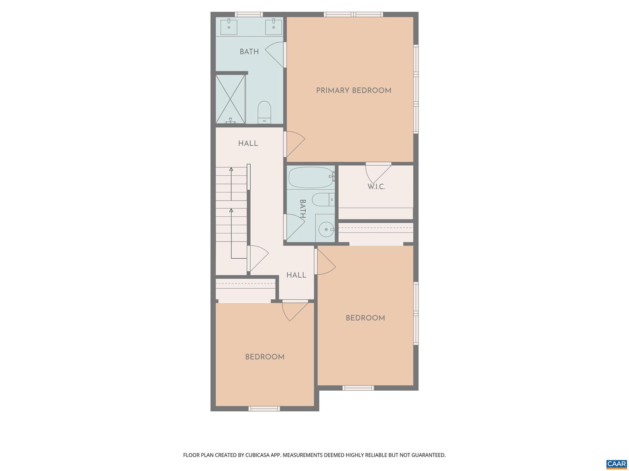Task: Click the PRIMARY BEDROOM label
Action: tap(353, 91)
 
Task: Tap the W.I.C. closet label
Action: tap(376, 187)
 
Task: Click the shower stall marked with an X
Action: tap(230, 99)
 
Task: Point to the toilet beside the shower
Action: tap(264, 113)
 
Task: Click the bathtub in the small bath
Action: tap(311, 177)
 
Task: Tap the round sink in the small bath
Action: tap(325, 229)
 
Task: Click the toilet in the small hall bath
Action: tap(322, 200)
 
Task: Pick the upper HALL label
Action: tap(248, 143)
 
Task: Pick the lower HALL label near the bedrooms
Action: tap(296, 275)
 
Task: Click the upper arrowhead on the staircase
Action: tap(231, 169)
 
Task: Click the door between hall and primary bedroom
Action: tap(294, 144)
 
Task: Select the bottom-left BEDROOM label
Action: tap(265, 357)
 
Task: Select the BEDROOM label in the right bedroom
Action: tap(365, 318)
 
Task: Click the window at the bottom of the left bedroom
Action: tap(264, 409)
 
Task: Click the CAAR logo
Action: tap(616, 464)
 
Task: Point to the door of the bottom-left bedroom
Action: tap(294, 310)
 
